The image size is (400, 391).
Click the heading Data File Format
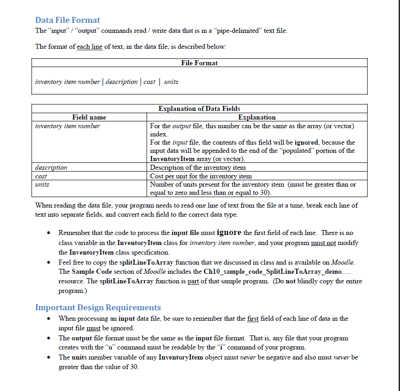(68, 20)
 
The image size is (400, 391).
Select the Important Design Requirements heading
(98, 307)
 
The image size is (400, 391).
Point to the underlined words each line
(89, 47)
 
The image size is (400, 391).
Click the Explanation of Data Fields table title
(199, 109)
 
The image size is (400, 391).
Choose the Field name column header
(89, 117)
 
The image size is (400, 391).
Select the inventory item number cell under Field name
(67, 126)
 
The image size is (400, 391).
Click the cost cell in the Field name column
(41, 176)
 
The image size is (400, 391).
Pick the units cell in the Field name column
(42, 184)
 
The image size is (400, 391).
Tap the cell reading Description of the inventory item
(198, 167)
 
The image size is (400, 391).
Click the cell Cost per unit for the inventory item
(201, 176)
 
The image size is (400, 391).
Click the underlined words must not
(323, 243)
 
